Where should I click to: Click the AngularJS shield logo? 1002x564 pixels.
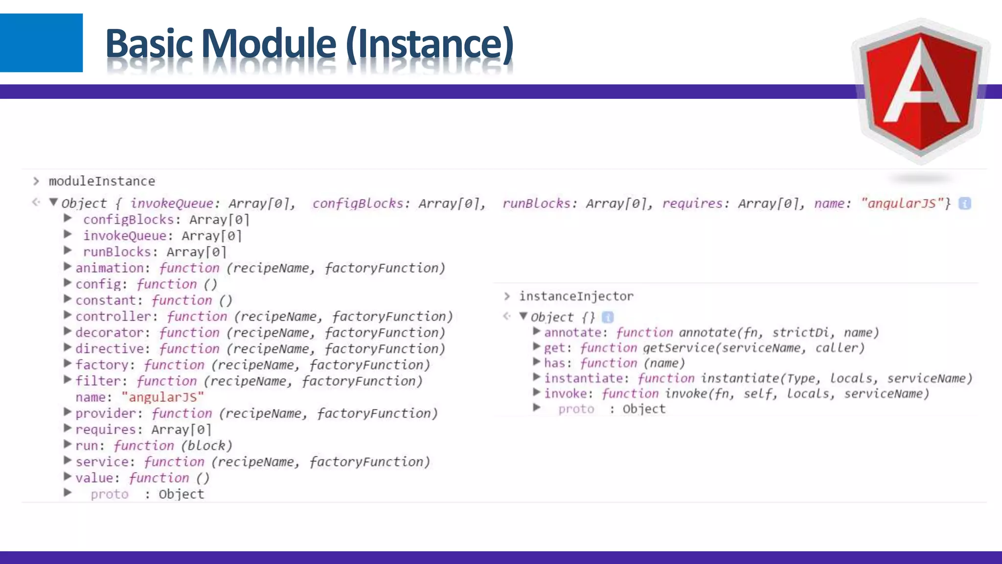pos(921,91)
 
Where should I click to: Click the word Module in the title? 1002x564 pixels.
pos(269,44)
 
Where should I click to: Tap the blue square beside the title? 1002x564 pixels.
pos(41,43)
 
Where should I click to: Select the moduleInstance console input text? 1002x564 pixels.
pos(102,181)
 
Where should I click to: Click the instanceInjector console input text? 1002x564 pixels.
pos(576,296)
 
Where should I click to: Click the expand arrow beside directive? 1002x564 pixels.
pos(68,348)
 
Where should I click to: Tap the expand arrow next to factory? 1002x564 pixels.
pos(68,364)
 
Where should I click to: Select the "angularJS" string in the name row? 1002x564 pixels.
pos(162,397)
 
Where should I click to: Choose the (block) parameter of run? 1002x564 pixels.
pos(206,446)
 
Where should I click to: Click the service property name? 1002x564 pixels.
pos(102,462)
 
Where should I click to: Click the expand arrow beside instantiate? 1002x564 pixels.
pos(537,377)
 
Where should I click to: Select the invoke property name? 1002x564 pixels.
pos(565,394)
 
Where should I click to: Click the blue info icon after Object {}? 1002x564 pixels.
pos(608,317)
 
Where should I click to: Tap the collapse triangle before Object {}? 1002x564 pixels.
pos(524,316)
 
